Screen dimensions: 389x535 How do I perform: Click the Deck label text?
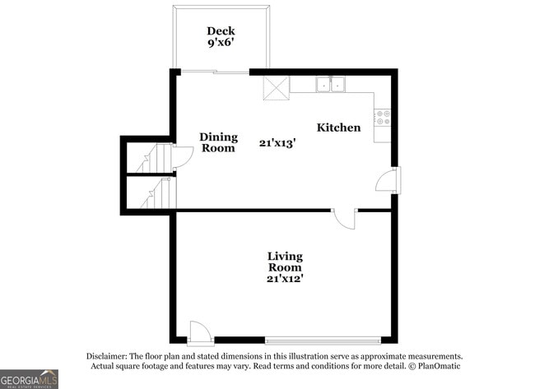click(x=221, y=31)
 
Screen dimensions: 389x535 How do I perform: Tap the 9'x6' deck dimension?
click(x=221, y=45)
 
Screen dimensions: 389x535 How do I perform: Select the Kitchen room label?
click(x=339, y=127)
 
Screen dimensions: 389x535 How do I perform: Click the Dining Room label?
click(x=219, y=142)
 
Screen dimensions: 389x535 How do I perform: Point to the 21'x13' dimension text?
click(x=277, y=142)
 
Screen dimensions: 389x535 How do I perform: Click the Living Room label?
click(x=285, y=262)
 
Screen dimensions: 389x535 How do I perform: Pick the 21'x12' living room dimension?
click(x=285, y=278)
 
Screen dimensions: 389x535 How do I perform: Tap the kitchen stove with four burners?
click(x=383, y=118)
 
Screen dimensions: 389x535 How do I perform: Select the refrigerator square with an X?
click(x=276, y=87)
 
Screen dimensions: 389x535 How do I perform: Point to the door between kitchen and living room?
click(x=345, y=218)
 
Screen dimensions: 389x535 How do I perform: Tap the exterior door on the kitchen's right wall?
click(x=387, y=180)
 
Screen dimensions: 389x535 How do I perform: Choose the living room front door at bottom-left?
click(x=200, y=332)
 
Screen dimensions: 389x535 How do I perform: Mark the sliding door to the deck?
click(x=215, y=72)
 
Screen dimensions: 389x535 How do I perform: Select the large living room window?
click(x=323, y=339)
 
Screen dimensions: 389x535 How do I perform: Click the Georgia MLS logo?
click(x=29, y=378)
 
